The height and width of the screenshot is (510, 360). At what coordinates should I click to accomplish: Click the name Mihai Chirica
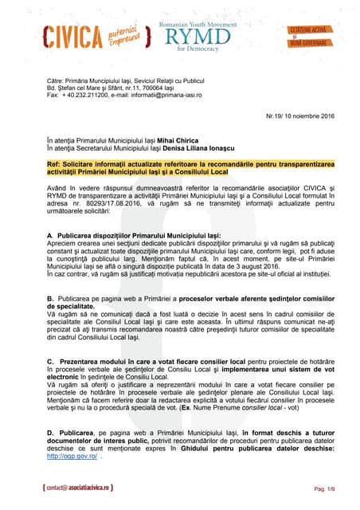tap(180, 139)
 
